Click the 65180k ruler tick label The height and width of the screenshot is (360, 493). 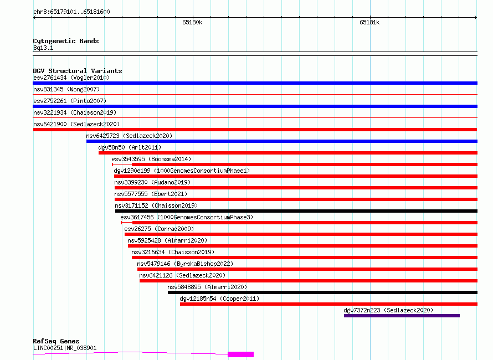(x=192, y=22)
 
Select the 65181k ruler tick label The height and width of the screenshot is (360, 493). (x=369, y=22)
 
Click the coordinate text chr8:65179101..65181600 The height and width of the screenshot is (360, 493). (x=71, y=12)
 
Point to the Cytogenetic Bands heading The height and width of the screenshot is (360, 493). (x=66, y=41)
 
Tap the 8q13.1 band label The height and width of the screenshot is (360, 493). (x=43, y=48)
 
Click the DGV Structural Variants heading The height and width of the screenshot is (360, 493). (x=78, y=71)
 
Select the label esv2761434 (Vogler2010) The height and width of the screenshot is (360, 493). (x=71, y=78)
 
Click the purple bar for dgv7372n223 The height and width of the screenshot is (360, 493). (x=402, y=316)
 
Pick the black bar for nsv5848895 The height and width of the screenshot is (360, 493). (x=322, y=292)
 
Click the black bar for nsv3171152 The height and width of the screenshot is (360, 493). (x=296, y=211)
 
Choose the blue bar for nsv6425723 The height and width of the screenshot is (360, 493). (x=282, y=141)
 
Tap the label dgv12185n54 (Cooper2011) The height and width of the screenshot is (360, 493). (x=219, y=299)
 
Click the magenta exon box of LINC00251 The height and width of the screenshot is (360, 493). (x=240, y=354)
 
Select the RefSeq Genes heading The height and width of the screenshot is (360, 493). (x=56, y=341)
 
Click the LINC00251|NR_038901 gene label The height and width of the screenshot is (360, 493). (x=65, y=348)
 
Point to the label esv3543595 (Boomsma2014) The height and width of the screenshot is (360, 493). (x=151, y=159)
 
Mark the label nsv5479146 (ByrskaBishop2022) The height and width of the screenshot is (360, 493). (x=185, y=264)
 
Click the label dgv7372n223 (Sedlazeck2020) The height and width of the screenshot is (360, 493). (x=388, y=310)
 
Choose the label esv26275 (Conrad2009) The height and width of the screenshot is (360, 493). (x=159, y=229)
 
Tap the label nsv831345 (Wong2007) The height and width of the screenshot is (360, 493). (x=66, y=89)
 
